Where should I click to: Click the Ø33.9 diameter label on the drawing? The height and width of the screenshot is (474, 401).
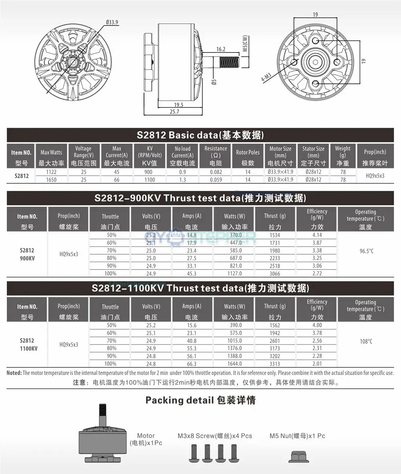(x=112, y=22)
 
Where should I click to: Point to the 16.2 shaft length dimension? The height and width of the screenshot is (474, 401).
(x=221, y=49)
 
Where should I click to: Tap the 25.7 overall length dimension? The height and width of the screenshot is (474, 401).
(x=174, y=112)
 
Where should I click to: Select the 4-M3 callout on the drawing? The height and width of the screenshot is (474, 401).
(x=266, y=77)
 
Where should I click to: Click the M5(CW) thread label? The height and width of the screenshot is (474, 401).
(x=245, y=44)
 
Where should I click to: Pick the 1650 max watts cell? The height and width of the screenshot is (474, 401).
(x=51, y=180)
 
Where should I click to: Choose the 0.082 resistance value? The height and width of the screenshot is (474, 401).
(x=216, y=172)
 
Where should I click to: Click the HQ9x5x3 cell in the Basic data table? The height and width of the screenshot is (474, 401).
(x=375, y=176)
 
